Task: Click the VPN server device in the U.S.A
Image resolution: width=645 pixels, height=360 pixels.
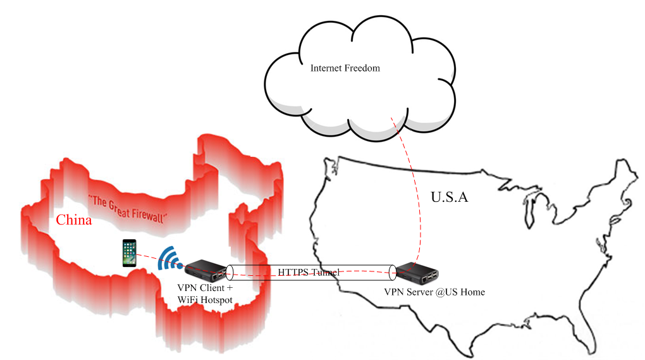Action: click(417, 271)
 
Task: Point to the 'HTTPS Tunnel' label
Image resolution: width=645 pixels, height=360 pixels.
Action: click(309, 272)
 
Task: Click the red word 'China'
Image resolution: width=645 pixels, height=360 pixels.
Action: click(74, 220)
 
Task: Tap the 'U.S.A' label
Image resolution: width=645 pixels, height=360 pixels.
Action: click(449, 197)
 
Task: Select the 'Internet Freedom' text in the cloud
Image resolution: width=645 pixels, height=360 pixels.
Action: click(345, 68)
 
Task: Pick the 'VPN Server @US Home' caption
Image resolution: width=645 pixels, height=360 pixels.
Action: click(434, 292)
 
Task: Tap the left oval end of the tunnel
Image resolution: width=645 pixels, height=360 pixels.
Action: click(229, 273)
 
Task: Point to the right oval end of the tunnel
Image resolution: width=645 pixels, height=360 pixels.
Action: click(393, 273)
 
